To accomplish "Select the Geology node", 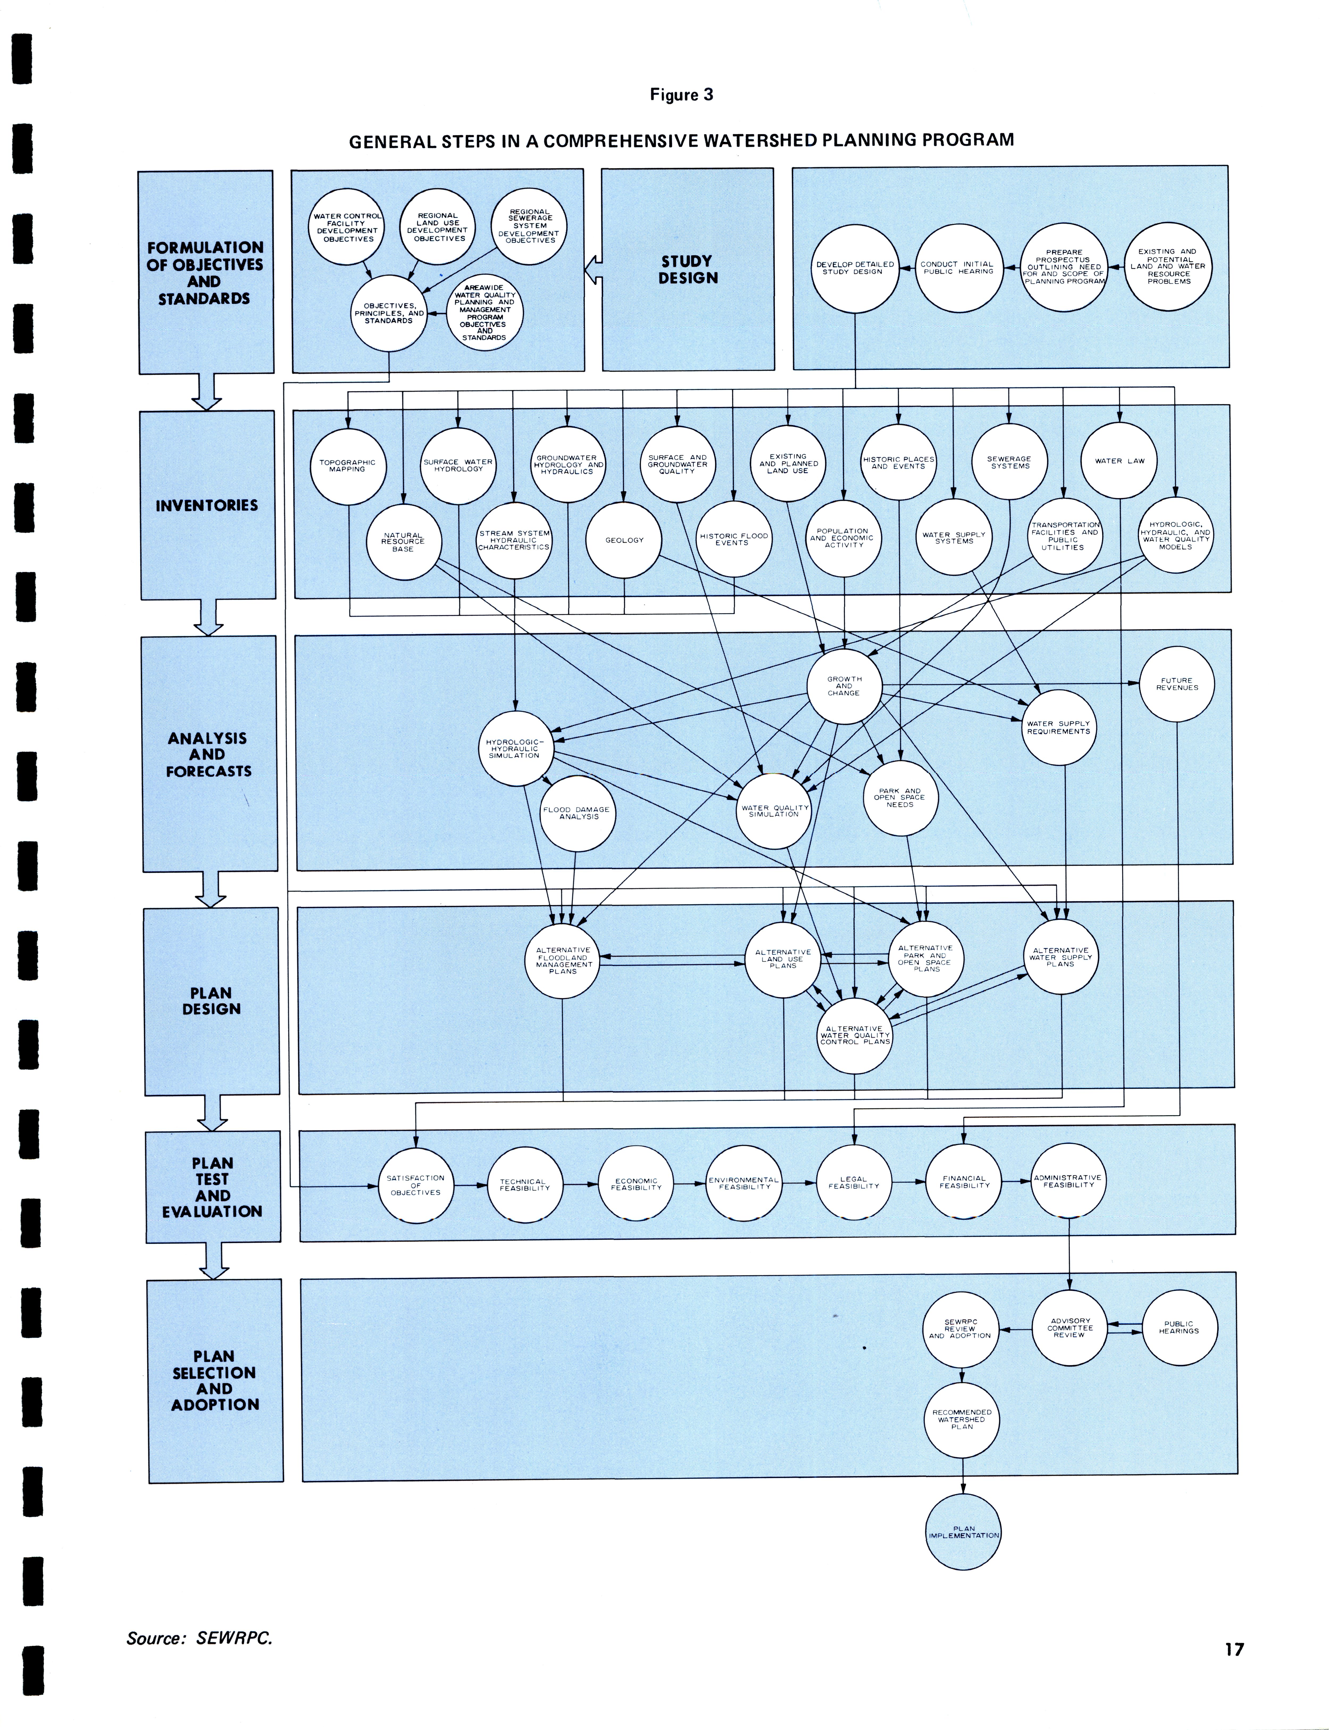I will click(624, 540).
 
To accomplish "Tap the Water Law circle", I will click(1119, 461).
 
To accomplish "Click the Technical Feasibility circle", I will click(524, 1184).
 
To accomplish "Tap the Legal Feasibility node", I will click(854, 1183).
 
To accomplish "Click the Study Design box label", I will click(687, 270).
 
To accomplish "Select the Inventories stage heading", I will click(207, 505).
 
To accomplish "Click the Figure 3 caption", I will click(681, 95).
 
